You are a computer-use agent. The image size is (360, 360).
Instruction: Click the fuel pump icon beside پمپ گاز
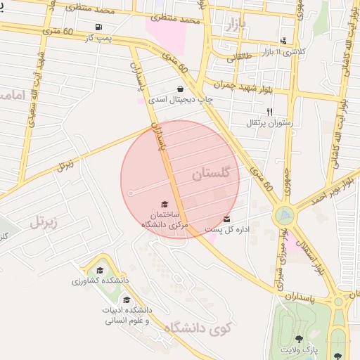tap(97, 28)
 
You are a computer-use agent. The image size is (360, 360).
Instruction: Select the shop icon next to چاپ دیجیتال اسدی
tap(181, 89)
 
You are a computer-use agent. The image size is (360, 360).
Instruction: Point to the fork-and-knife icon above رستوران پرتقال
tap(269, 112)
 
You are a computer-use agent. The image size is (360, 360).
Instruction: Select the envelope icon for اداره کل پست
tap(226, 219)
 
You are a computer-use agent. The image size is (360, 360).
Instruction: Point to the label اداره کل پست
tap(224, 229)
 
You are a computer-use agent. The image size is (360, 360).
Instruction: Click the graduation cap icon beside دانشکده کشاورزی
tap(100, 270)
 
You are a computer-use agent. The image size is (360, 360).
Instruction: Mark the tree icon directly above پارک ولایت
tap(300, 339)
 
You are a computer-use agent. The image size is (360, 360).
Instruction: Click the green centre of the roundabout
tap(285, 213)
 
